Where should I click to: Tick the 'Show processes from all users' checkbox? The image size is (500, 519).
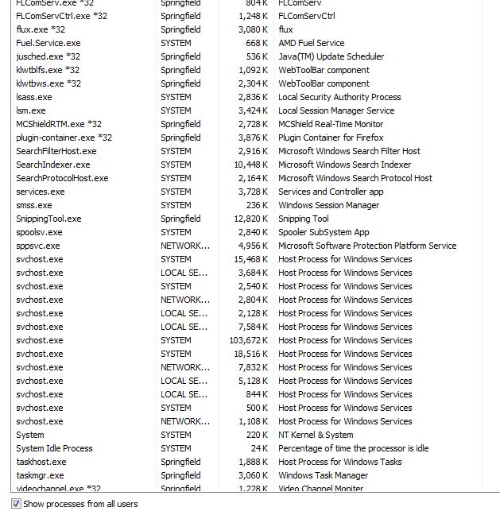tap(16, 504)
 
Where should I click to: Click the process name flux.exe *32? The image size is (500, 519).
tap(41, 29)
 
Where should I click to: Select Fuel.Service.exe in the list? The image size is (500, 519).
tap(48, 43)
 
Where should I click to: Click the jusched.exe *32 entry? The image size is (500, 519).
tap(48, 56)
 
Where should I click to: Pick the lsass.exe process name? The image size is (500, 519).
tap(33, 97)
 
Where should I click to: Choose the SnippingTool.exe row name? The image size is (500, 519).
tap(48, 219)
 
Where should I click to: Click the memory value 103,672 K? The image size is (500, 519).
tap(249, 340)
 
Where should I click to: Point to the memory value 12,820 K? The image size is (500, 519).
tap(251, 219)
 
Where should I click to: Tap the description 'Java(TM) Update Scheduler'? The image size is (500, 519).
tap(331, 56)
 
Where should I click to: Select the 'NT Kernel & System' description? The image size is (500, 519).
tap(316, 435)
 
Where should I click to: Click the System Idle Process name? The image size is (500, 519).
tap(54, 448)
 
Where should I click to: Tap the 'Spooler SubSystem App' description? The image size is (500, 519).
tap(324, 232)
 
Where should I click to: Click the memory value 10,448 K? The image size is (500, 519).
tap(251, 165)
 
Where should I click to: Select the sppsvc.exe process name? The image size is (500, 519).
tap(38, 246)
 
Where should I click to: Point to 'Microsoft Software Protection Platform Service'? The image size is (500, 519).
tap(367, 246)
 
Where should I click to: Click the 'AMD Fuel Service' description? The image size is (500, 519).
tap(311, 43)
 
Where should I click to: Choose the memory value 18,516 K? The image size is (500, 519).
tap(251, 354)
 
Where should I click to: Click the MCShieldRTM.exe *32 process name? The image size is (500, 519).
tap(59, 124)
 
